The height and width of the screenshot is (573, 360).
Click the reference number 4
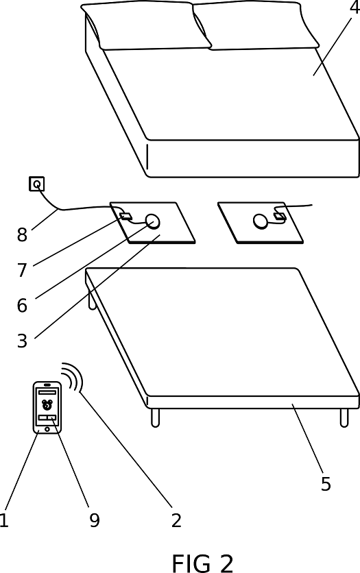[354, 8]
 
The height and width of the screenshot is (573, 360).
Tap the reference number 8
[23, 234]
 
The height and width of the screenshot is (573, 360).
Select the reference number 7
[23, 270]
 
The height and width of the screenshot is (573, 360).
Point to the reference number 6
[23, 305]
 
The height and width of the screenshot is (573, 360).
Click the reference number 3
[23, 340]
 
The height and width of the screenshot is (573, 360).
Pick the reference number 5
[326, 483]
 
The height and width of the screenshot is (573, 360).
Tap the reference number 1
[3, 520]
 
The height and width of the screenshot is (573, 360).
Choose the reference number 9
[95, 520]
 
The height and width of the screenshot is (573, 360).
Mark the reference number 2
[176, 520]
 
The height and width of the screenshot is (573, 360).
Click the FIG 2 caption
[202, 563]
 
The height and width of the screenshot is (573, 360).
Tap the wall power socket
[36, 184]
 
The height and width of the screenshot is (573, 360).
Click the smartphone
[47, 408]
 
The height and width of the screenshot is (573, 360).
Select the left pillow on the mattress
[146, 25]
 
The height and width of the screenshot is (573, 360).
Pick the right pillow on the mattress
[256, 25]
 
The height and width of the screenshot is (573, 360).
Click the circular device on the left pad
[152, 221]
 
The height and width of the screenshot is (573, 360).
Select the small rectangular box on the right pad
[280, 216]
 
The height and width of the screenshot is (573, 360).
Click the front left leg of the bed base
[156, 417]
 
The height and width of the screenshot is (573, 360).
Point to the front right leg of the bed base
[344, 417]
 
